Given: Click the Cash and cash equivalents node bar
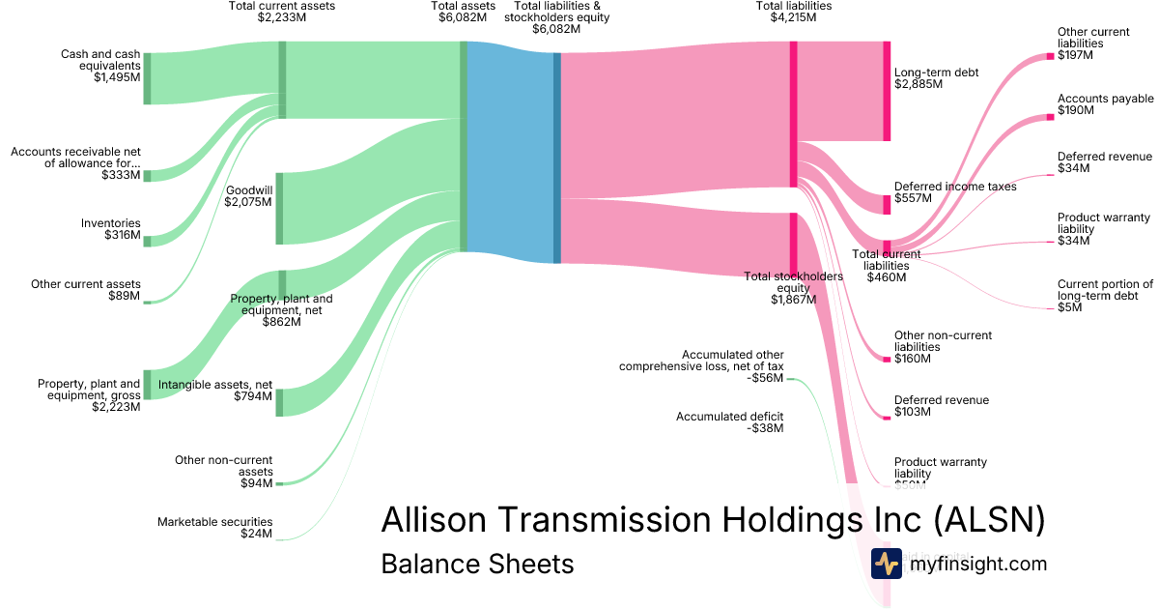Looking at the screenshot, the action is pyautogui.click(x=147, y=78).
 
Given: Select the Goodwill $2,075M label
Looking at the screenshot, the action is pyautogui.click(x=248, y=196).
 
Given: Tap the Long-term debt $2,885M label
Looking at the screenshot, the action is pyautogui.click(x=936, y=78).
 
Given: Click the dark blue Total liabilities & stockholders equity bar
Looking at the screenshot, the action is pyautogui.click(x=557, y=158).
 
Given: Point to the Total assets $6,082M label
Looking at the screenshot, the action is pyautogui.click(x=463, y=12).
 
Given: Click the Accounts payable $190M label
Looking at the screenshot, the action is pyautogui.click(x=1105, y=104).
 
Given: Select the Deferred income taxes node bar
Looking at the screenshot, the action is pyautogui.click(x=887, y=204).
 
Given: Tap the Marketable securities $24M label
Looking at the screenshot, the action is pyautogui.click(x=214, y=528).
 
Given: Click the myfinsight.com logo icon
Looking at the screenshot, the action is pyautogui.click(x=886, y=564).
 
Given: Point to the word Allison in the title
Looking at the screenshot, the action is pyautogui.click(x=436, y=519).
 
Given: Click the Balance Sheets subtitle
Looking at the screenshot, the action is pyautogui.click(x=477, y=564).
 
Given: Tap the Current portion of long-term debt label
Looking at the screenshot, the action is pyautogui.click(x=1105, y=296).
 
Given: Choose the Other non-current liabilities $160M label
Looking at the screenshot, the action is pyautogui.click(x=943, y=347).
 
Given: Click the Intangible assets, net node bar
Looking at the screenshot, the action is pyautogui.click(x=279, y=402).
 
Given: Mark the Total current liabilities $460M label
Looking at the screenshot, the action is pyautogui.click(x=886, y=266).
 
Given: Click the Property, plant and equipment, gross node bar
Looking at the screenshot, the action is pyautogui.click(x=147, y=384).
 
